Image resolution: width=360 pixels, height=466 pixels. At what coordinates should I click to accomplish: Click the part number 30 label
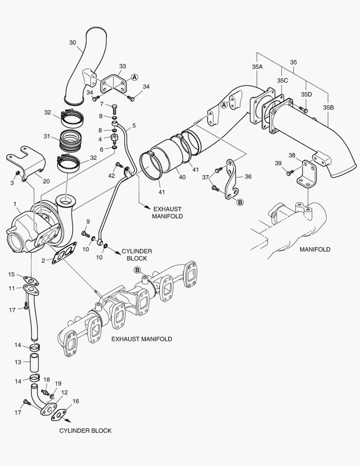coord(72,42)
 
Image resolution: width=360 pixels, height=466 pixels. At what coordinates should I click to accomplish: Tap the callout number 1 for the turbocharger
coord(15,203)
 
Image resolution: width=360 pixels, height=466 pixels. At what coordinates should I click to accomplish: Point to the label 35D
coord(307,94)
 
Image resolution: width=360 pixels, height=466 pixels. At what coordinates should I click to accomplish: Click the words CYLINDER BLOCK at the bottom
coord(85,430)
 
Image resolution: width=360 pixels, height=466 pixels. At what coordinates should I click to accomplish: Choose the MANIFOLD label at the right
coord(315,249)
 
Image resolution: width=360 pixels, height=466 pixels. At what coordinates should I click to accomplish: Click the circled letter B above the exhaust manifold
coord(138,270)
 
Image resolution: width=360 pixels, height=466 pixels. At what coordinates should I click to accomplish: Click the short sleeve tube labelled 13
coord(34,362)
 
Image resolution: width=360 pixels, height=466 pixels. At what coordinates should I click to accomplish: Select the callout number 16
coord(75,401)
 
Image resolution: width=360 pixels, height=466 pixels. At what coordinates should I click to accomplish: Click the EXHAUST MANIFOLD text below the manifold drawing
coord(141,339)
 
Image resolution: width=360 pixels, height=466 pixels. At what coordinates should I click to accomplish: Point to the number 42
coord(111,176)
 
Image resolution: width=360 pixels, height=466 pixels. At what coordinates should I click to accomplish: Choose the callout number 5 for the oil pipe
coord(134,126)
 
